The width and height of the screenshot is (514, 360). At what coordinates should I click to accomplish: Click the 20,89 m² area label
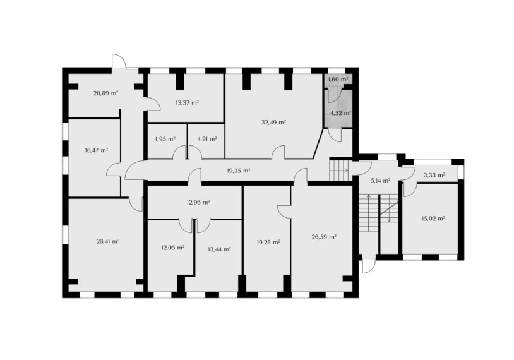point(105,93)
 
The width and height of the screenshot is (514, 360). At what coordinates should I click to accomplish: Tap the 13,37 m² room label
point(187,102)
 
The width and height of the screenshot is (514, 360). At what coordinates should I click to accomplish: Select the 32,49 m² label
point(273,123)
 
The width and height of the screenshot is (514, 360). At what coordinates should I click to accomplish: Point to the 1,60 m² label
point(338,80)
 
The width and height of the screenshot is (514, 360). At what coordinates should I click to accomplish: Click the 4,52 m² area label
point(341,113)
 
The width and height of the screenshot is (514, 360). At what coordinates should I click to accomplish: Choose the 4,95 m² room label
point(165,139)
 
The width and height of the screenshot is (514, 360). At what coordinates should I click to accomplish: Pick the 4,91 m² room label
point(207,139)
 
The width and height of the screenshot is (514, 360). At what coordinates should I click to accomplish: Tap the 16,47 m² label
point(97,150)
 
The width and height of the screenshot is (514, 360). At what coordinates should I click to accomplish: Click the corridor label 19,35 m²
point(239,171)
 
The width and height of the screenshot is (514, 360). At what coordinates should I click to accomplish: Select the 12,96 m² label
point(198,202)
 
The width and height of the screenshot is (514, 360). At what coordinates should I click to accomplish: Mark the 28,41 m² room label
point(107,242)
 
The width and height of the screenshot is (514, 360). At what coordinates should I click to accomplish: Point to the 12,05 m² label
point(172,248)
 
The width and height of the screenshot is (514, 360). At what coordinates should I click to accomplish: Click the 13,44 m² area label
point(219,249)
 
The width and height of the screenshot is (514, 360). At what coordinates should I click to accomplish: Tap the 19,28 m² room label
point(268,243)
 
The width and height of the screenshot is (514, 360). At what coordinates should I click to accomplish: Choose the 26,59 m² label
point(325,237)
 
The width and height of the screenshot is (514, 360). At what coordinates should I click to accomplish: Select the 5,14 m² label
point(380,181)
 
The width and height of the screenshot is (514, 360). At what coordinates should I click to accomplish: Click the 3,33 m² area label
point(434,176)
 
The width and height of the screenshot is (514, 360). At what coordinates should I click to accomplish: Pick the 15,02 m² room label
point(433,219)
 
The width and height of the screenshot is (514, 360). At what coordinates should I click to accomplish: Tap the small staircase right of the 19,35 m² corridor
point(339,170)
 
